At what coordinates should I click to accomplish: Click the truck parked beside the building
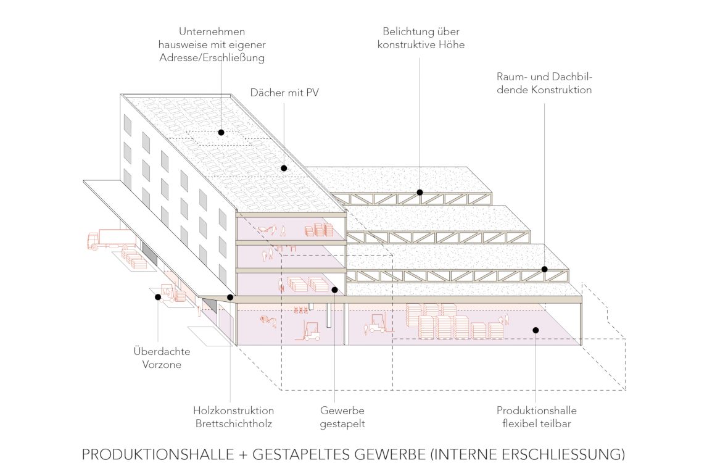tap(110, 240)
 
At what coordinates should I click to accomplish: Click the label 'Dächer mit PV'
tap(284, 93)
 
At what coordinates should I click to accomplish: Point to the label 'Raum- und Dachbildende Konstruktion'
tap(544, 83)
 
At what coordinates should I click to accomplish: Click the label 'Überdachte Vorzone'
tap(162, 357)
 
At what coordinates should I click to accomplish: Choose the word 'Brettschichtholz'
tap(233, 423)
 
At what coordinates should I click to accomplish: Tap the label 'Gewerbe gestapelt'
tap(342, 417)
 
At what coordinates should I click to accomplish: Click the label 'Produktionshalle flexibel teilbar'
tap(536, 417)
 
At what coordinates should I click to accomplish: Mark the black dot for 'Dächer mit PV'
tap(284, 168)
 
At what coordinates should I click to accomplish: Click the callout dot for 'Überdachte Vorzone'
tap(158, 297)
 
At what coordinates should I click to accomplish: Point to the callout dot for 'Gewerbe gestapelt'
tap(334, 290)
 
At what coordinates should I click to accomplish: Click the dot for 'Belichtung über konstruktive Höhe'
tap(420, 192)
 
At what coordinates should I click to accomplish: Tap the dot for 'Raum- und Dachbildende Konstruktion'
tap(545, 269)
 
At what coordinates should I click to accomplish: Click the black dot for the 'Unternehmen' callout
tap(220, 132)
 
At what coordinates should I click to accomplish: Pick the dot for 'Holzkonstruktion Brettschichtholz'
tap(230, 297)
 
